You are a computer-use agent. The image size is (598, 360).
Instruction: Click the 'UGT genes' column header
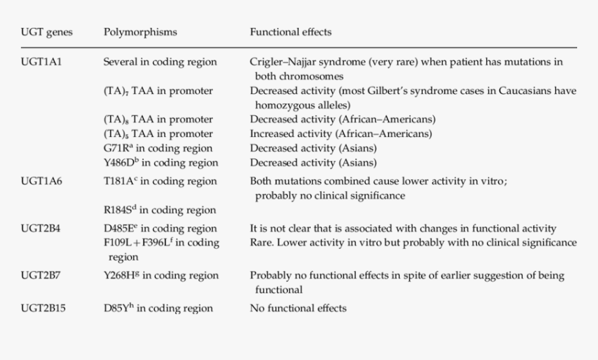[x=47, y=32]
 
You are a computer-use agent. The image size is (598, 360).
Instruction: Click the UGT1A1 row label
[x=40, y=62]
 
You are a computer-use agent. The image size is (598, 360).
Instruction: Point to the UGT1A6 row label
[x=40, y=181]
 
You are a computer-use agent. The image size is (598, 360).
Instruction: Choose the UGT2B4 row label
[x=40, y=228]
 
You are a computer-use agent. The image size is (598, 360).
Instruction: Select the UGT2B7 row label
[x=40, y=275]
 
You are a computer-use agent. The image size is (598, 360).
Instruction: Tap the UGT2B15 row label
[x=43, y=308]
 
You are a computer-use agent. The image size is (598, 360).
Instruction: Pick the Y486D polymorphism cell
[x=161, y=163]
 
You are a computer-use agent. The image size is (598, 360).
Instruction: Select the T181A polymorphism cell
[x=160, y=181]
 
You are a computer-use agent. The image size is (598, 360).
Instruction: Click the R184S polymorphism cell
[x=160, y=210]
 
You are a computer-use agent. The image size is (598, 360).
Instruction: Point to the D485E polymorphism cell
[x=160, y=228]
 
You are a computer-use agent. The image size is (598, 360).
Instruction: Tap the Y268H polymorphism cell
[x=160, y=275]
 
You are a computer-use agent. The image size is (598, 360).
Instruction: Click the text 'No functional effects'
[x=298, y=308]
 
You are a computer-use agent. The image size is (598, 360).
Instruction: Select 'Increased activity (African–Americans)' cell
[x=341, y=133]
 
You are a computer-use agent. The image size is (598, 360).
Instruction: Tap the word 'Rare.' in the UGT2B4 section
[x=261, y=243]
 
